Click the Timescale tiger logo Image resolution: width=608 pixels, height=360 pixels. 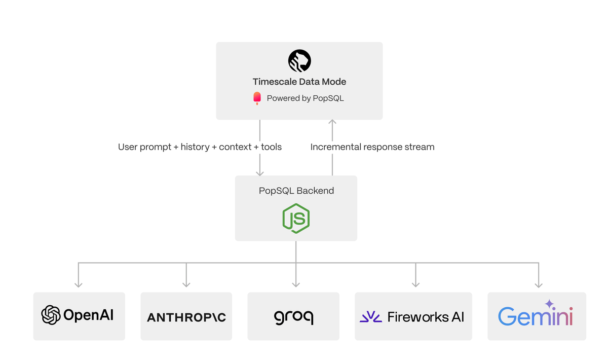point(299,61)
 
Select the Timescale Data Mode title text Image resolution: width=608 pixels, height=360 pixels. point(299,82)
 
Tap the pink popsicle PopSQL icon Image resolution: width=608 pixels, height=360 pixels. point(257,98)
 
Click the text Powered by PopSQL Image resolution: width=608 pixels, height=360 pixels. point(305,98)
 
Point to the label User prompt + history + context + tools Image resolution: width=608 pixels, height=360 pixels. point(200,147)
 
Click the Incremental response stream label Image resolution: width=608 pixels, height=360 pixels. point(372,147)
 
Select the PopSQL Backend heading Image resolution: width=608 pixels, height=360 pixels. point(296,191)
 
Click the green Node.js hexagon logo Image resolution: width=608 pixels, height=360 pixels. point(296,218)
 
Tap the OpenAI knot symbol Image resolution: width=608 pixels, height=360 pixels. point(51,315)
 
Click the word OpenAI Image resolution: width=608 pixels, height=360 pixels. point(88,315)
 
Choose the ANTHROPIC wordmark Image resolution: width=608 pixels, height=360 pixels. point(186,317)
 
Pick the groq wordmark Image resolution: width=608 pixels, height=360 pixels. point(293,317)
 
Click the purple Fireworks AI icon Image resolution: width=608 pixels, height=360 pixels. point(371,317)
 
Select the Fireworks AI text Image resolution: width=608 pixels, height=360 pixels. point(426,317)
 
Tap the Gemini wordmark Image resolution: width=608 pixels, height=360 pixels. point(536,316)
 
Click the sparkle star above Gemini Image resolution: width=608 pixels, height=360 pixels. point(549,304)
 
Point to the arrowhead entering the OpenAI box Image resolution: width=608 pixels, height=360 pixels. point(79,284)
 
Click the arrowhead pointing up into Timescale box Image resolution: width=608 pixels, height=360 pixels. point(332,123)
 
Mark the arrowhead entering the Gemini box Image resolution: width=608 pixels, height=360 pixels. point(539,284)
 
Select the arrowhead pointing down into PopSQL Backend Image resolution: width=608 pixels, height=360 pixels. point(260,172)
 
